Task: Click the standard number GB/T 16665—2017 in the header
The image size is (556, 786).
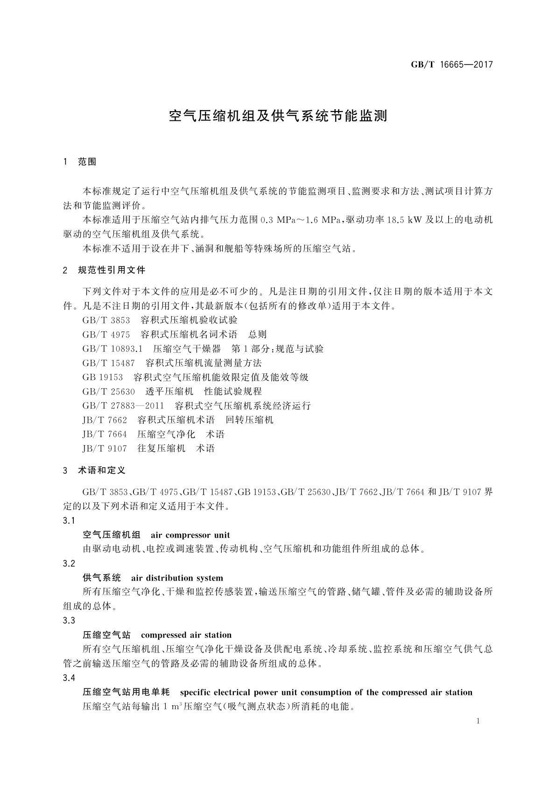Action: click(451, 65)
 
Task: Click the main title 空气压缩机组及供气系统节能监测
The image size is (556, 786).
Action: click(278, 116)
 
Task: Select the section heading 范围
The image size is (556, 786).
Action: click(87, 162)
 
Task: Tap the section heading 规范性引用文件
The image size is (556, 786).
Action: click(112, 270)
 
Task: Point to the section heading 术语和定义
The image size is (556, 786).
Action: click(102, 470)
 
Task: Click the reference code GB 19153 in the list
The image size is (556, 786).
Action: click(102, 377)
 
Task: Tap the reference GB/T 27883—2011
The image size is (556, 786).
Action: click(123, 406)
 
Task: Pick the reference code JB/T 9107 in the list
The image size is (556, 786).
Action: click(104, 449)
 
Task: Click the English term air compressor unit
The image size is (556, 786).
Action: click(190, 535)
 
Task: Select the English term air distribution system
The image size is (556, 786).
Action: click(177, 578)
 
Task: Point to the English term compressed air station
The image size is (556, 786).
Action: click(186, 635)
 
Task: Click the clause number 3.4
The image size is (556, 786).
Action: click(69, 678)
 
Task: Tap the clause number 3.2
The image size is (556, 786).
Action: click(69, 564)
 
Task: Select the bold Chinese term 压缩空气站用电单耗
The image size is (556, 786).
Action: click(126, 692)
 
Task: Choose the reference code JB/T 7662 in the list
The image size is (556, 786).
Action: click(104, 420)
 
